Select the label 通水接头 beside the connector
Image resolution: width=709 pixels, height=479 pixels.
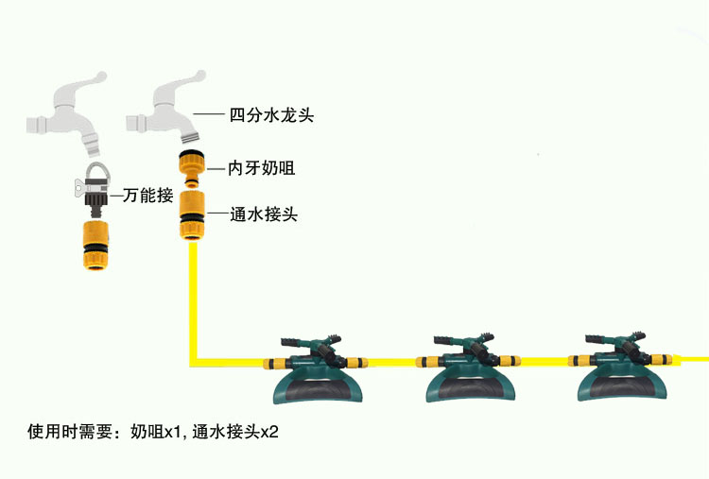click(265, 214)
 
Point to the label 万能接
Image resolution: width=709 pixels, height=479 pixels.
click(144, 197)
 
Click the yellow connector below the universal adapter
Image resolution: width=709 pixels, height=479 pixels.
click(94, 245)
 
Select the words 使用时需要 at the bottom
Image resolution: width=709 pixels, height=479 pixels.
click(71, 433)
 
